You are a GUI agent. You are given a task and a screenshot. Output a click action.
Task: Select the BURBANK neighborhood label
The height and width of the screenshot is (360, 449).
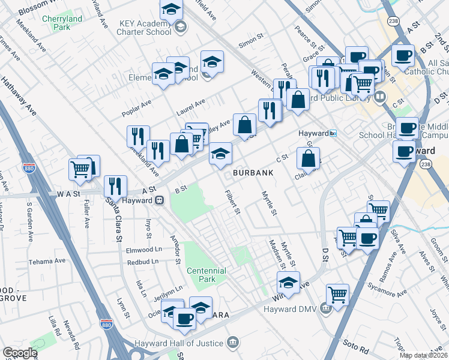pyautogui.click(x=253, y=173)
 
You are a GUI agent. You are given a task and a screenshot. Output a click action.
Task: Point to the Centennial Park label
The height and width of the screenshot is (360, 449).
pyautogui.click(x=206, y=275)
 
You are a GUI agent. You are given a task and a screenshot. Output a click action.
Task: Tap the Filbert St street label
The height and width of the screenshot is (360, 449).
pyautogui.click(x=232, y=203)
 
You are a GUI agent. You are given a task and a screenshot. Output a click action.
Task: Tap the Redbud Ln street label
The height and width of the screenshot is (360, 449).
pyautogui.click(x=142, y=262)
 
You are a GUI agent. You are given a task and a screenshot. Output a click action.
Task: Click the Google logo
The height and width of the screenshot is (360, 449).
pyautogui.click(x=20, y=353)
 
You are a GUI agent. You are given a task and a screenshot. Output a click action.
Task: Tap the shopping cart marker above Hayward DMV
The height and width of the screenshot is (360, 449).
pyautogui.click(x=338, y=295)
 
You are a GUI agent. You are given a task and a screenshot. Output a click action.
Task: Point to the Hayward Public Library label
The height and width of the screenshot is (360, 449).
pyautogui.click(x=342, y=96)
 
